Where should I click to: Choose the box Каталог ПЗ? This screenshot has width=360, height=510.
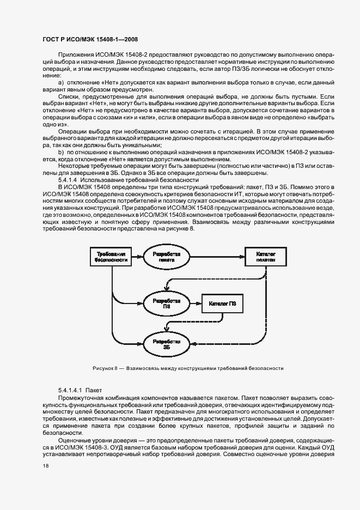click(x=222, y=303)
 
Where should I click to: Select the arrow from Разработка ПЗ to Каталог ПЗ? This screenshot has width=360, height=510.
click(x=192, y=303)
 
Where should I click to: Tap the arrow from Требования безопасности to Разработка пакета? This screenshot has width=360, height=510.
click(x=137, y=257)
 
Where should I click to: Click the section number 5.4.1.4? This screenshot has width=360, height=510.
click(x=69, y=180)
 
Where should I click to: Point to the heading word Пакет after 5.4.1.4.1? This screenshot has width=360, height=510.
click(x=94, y=391)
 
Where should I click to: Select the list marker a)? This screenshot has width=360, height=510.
click(x=61, y=82)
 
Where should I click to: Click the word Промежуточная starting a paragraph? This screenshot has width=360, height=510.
click(x=79, y=398)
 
